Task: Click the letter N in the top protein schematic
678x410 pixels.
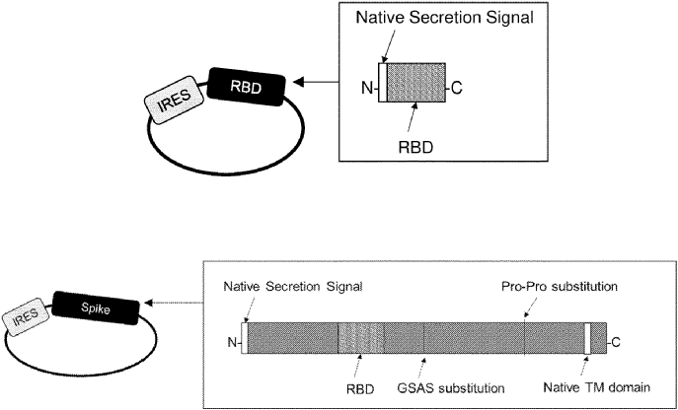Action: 367,90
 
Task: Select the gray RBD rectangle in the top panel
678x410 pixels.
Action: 417,90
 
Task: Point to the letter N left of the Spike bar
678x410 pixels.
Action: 234,344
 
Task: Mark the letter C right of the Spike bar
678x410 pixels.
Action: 615,343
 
